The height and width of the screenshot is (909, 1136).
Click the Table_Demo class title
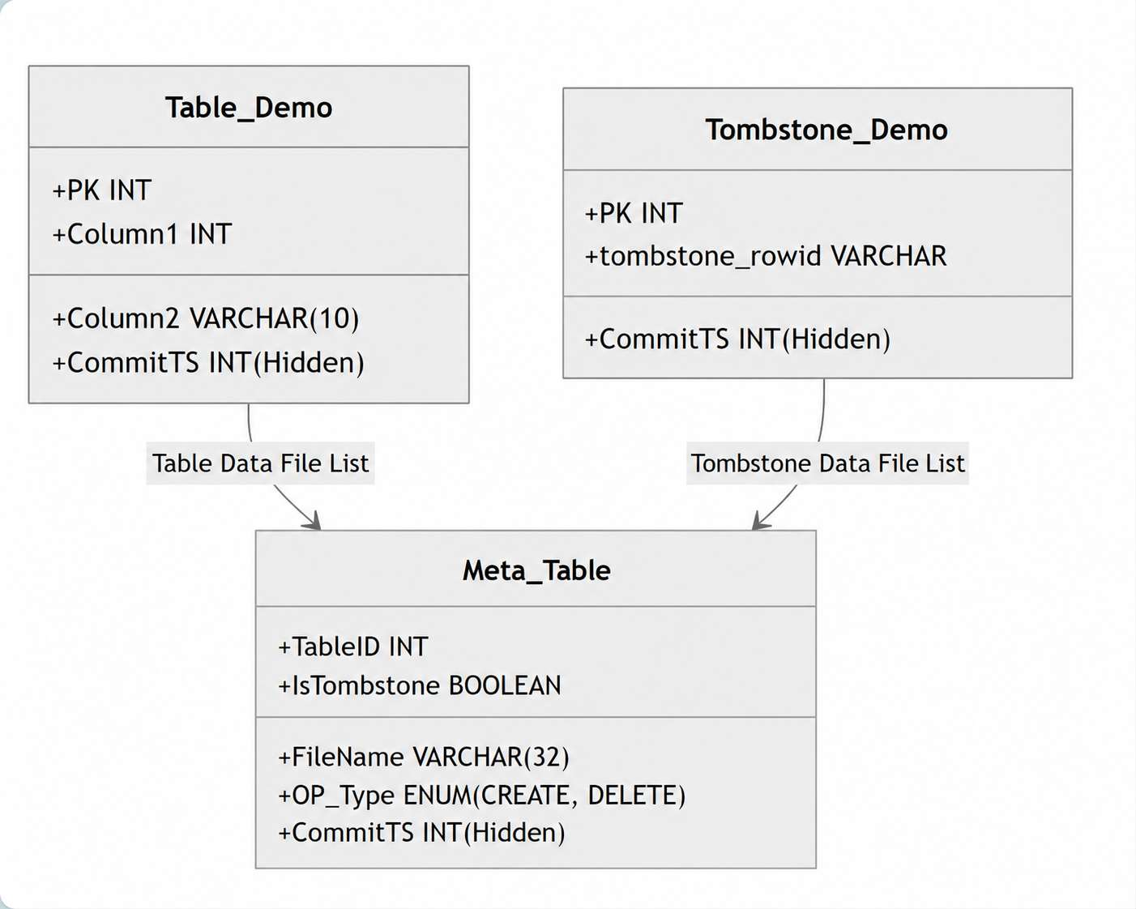click(249, 108)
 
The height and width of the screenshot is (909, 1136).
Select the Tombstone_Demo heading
click(826, 130)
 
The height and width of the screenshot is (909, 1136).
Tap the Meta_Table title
click(536, 570)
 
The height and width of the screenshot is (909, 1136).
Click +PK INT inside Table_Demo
click(102, 190)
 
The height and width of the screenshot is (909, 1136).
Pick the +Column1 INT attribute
click(142, 234)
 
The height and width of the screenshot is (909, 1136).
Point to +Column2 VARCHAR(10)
click(205, 318)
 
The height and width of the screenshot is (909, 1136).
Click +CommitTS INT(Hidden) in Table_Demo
click(208, 363)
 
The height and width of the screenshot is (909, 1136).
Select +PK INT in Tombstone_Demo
click(634, 213)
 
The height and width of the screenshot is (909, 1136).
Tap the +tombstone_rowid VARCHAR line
click(766, 256)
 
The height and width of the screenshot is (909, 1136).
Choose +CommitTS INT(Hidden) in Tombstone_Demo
click(737, 339)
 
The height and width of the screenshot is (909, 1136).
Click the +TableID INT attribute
click(353, 647)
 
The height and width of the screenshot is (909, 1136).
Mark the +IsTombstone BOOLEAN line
click(420, 685)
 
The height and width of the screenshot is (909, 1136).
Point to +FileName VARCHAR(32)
click(424, 757)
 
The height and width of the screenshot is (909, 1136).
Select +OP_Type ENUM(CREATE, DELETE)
click(482, 796)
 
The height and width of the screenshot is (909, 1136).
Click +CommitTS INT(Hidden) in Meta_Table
click(422, 833)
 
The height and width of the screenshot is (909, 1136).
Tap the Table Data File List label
click(260, 463)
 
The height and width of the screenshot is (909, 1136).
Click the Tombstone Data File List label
click(828, 463)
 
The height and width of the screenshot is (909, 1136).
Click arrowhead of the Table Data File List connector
click(314, 521)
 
